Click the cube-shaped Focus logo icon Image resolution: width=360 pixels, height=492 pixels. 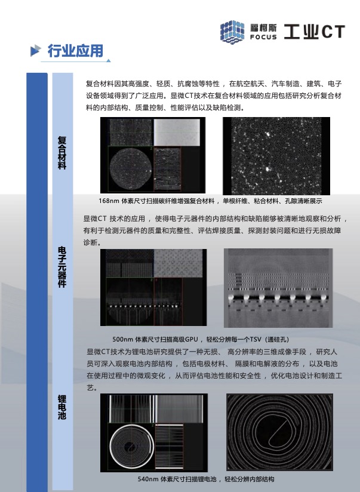point(232,32)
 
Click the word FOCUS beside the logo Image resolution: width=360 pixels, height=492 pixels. point(263,37)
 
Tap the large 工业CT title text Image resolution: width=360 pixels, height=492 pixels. point(314,32)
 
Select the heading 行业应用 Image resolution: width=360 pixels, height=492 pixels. point(75,51)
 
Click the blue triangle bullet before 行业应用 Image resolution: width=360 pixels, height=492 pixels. point(35,51)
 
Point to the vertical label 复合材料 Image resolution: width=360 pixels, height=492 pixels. point(62,152)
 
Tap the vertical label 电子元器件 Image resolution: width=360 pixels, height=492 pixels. point(62,267)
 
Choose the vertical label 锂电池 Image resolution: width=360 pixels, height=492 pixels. point(62,407)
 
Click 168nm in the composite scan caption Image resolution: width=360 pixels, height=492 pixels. point(109,201)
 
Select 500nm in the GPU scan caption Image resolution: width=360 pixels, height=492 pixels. point(123,339)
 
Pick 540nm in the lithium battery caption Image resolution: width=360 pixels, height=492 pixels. point(148,479)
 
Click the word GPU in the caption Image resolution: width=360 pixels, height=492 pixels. point(192,339)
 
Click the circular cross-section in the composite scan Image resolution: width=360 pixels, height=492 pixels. point(131,168)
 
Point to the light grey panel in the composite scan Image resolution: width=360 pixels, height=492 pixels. point(177,132)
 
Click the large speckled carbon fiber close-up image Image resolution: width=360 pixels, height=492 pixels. point(276,156)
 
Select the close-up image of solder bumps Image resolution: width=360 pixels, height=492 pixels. point(278,288)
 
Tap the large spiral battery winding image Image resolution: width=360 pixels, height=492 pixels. point(279,432)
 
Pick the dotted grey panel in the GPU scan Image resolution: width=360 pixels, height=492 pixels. point(178,263)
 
